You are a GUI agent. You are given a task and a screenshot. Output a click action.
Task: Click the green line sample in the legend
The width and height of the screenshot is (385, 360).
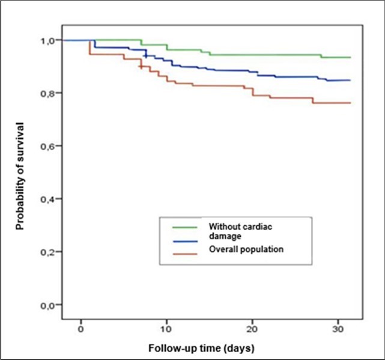186,227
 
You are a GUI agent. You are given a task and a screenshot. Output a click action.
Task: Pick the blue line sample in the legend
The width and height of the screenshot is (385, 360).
186,239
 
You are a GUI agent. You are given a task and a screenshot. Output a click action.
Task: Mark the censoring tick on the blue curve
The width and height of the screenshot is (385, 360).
145,55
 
